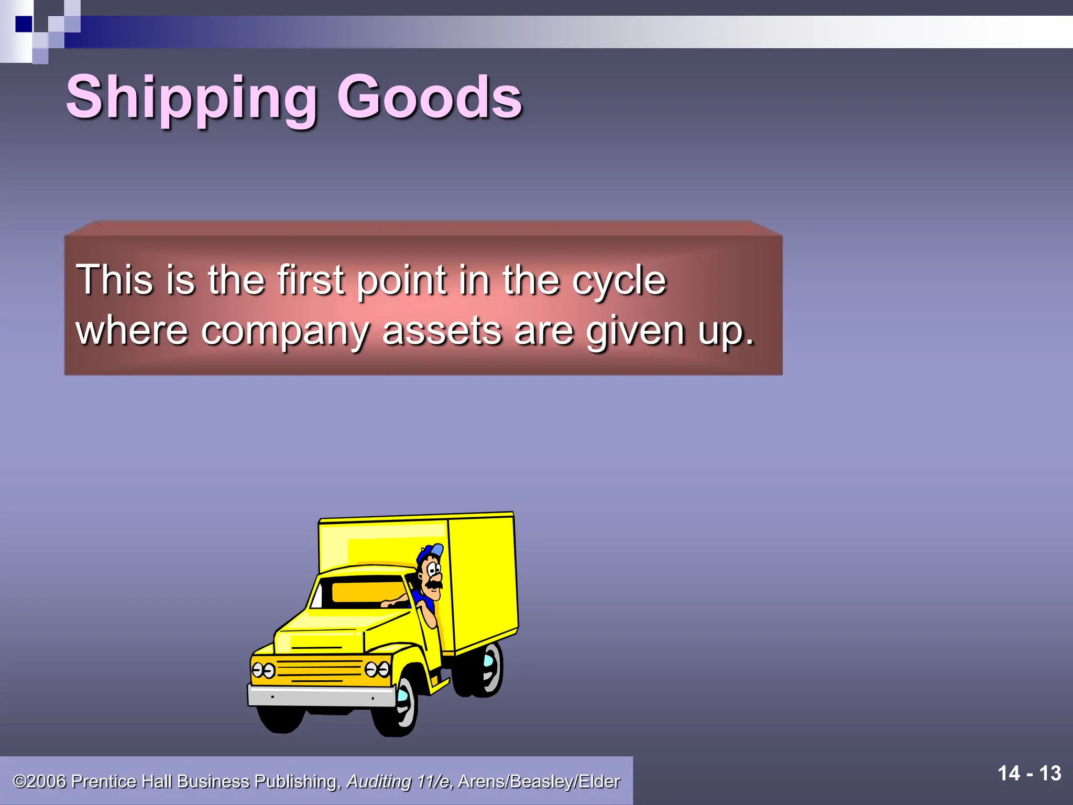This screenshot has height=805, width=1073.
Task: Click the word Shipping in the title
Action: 191,99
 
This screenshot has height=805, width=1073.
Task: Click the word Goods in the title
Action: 429,97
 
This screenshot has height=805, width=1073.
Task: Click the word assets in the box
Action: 442,332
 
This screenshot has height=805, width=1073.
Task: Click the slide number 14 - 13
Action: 1029,774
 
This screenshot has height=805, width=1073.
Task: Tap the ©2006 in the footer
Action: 40,781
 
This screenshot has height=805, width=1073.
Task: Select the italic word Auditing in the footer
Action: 379,781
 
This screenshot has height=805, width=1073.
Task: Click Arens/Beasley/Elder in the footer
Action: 539,781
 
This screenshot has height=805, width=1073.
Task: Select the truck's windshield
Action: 367,592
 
